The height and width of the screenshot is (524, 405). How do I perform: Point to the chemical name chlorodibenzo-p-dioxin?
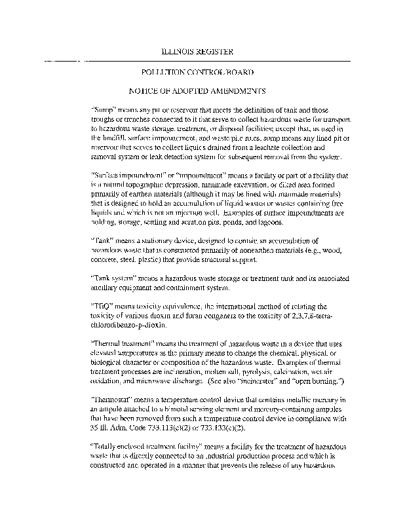tap(132, 325)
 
